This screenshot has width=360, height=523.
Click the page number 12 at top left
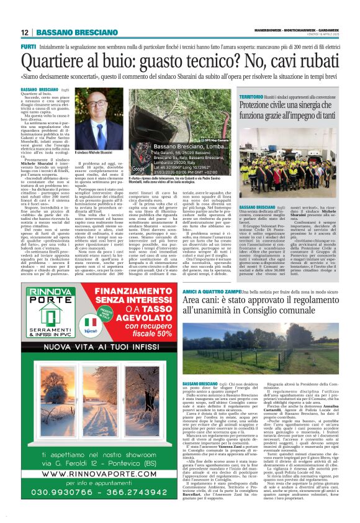tap(25, 33)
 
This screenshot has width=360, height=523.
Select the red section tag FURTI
tap(28, 47)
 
